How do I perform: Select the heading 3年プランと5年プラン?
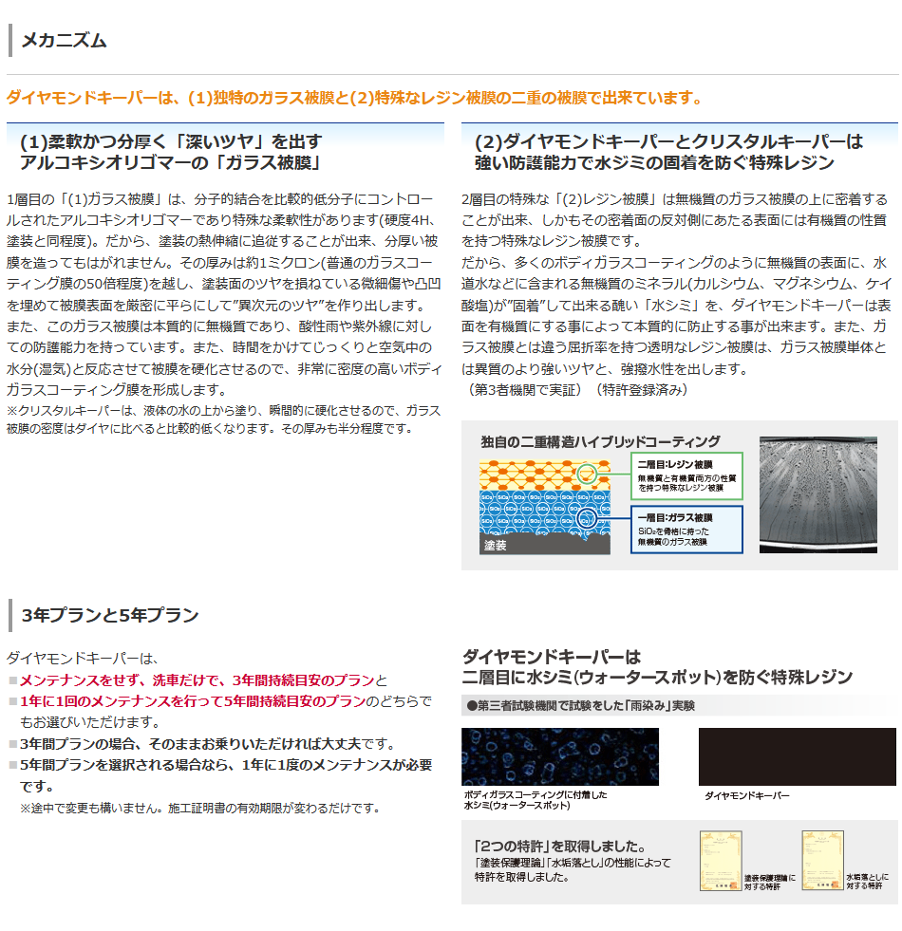(x=109, y=615)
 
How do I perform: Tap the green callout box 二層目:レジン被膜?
(x=687, y=475)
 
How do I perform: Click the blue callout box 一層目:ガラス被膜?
(x=687, y=530)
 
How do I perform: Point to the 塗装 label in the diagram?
(x=496, y=546)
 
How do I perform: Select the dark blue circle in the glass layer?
(x=588, y=519)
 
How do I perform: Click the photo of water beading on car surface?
(x=817, y=494)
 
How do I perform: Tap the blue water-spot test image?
(x=559, y=756)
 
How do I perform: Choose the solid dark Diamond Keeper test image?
(x=797, y=756)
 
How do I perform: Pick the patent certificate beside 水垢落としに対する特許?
(x=822, y=861)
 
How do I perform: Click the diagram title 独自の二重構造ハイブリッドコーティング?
(x=601, y=441)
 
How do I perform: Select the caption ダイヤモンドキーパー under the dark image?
(x=746, y=796)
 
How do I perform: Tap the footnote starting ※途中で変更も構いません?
(x=199, y=808)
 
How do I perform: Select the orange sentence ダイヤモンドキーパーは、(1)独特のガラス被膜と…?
(x=354, y=98)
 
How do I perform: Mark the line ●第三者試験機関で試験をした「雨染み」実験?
(x=581, y=705)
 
